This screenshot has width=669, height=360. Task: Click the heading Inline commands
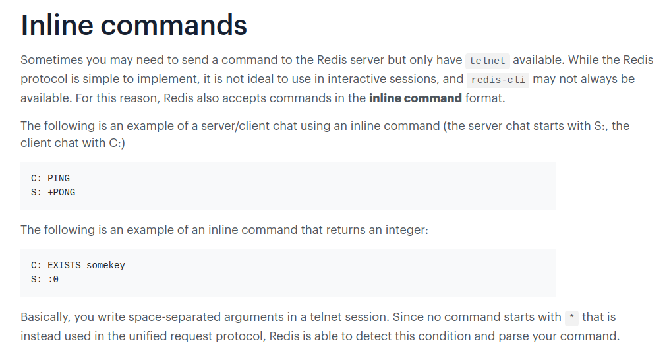click(x=134, y=25)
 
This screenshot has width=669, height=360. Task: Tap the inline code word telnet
click(x=487, y=61)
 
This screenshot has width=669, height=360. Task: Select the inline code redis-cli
click(x=498, y=80)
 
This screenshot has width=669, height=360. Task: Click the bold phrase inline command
click(x=415, y=98)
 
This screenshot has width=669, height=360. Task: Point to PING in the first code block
click(x=59, y=178)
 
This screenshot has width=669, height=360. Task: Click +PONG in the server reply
click(x=61, y=192)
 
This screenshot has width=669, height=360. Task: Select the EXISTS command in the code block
click(x=64, y=265)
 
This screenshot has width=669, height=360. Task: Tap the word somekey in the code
click(x=106, y=265)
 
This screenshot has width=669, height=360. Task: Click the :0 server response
click(x=53, y=280)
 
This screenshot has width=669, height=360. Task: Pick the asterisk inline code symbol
click(x=571, y=318)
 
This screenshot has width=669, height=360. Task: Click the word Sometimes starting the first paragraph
click(x=51, y=60)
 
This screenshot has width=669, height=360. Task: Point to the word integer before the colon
click(x=407, y=230)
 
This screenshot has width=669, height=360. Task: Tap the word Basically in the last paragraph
click(x=45, y=317)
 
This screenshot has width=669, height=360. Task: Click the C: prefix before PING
click(x=36, y=178)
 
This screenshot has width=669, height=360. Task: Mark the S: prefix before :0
click(x=36, y=280)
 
